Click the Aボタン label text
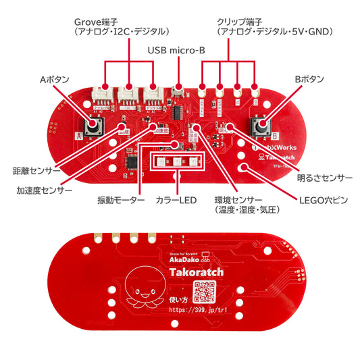(54, 80)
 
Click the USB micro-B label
(176, 50)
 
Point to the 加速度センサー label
(45, 191)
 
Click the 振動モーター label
(121, 201)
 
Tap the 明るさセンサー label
(324, 179)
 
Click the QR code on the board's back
(204, 292)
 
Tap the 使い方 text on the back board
(179, 301)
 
